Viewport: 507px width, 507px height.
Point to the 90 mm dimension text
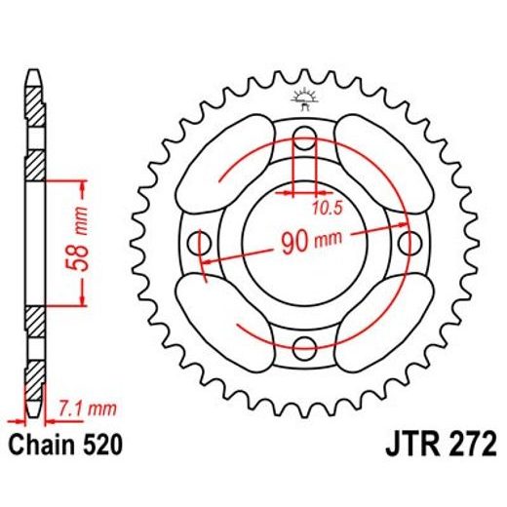[x=303, y=240]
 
